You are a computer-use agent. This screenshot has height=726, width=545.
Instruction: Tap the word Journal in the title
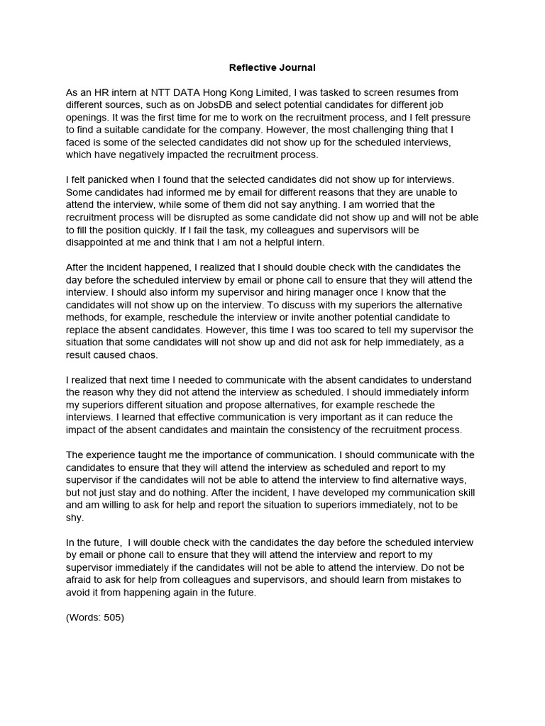coord(298,68)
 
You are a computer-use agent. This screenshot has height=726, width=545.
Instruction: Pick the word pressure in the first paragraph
coord(458,118)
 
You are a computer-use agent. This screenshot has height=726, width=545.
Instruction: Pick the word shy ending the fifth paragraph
coord(75,517)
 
